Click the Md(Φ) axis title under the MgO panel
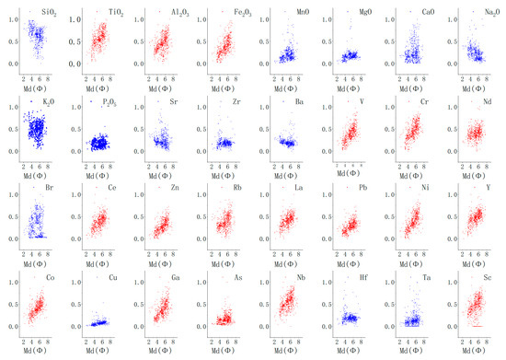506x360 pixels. coord(349,87)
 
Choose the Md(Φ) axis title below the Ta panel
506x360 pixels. coord(411,351)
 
